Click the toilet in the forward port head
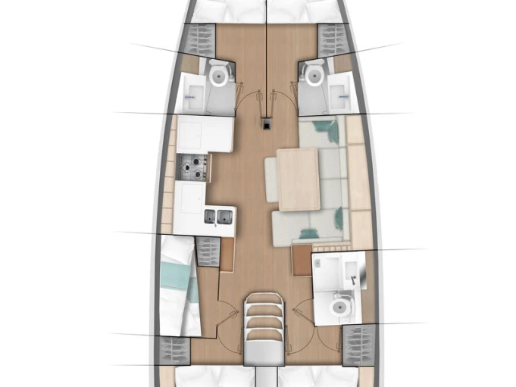[x=218, y=75]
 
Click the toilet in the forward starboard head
[x=311, y=73]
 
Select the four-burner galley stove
[x=192, y=167]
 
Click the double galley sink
[x=217, y=218]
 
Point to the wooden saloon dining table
[x=298, y=179]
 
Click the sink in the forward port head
[x=192, y=95]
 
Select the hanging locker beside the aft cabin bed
[x=206, y=249]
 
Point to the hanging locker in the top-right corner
[x=330, y=38]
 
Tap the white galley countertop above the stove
[x=205, y=133]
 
